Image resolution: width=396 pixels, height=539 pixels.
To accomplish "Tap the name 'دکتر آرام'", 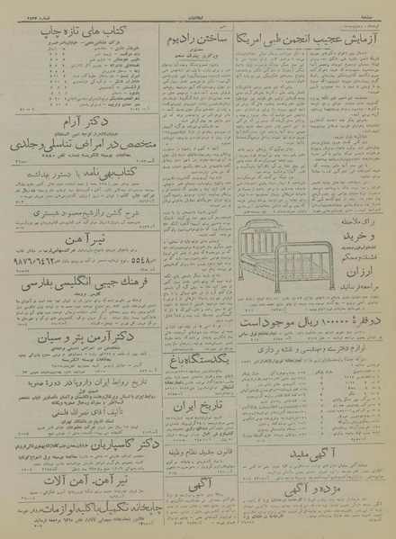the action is click(86, 147).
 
